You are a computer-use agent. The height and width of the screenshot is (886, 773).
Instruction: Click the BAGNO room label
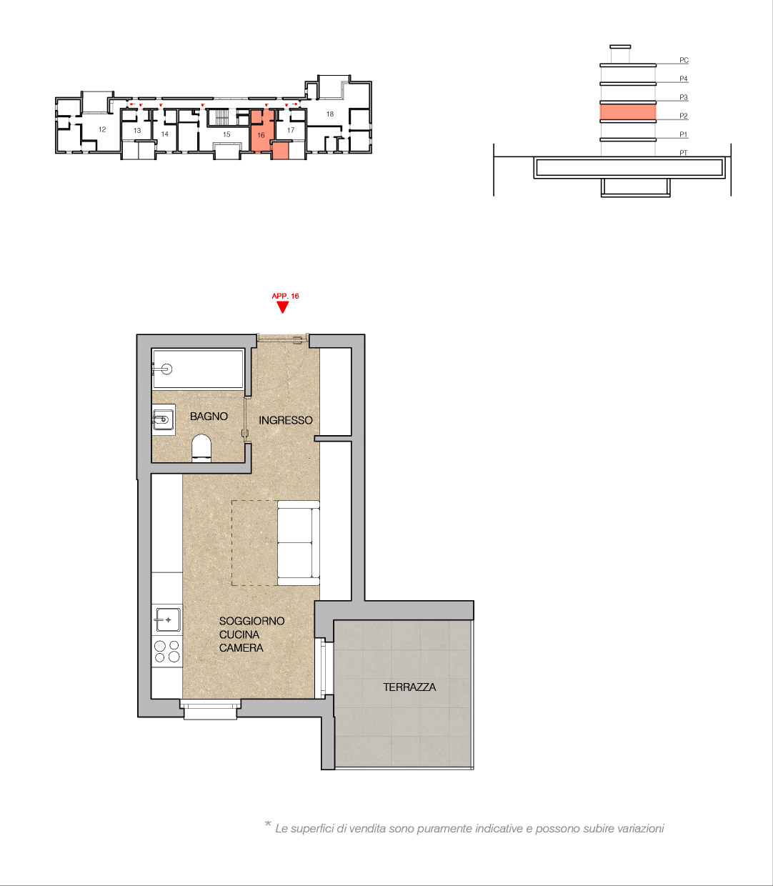click(209, 416)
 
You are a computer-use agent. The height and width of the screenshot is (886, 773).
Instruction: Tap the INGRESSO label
click(286, 420)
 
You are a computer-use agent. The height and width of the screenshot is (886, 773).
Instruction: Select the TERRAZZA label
click(409, 687)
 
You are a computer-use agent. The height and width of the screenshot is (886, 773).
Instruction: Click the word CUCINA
click(239, 634)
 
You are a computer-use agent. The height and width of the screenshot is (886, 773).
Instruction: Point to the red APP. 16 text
click(285, 297)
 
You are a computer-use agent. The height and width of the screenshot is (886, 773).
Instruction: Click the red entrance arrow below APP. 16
click(283, 307)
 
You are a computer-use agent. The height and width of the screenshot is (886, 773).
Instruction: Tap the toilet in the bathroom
click(201, 448)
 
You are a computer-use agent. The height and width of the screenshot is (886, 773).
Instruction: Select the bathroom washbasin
click(164, 419)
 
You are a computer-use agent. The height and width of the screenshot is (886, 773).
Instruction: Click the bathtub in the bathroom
click(198, 369)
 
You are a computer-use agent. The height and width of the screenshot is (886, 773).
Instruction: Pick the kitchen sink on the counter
click(167, 619)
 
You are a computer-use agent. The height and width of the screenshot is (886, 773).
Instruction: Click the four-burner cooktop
click(167, 652)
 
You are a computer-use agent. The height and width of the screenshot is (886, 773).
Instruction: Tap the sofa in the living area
click(298, 543)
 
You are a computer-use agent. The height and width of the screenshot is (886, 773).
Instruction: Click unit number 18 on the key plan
click(330, 114)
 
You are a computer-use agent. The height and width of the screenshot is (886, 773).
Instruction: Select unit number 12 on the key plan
click(102, 129)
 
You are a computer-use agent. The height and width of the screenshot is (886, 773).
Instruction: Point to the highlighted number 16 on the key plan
click(261, 135)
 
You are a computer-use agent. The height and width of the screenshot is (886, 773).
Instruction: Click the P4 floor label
click(684, 79)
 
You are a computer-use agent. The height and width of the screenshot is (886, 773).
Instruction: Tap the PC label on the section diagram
click(684, 60)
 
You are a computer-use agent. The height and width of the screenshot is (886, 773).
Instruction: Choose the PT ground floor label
click(684, 153)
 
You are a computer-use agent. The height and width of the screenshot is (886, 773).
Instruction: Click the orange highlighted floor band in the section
click(627, 111)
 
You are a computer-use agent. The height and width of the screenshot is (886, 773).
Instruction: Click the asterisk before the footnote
click(268, 824)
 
